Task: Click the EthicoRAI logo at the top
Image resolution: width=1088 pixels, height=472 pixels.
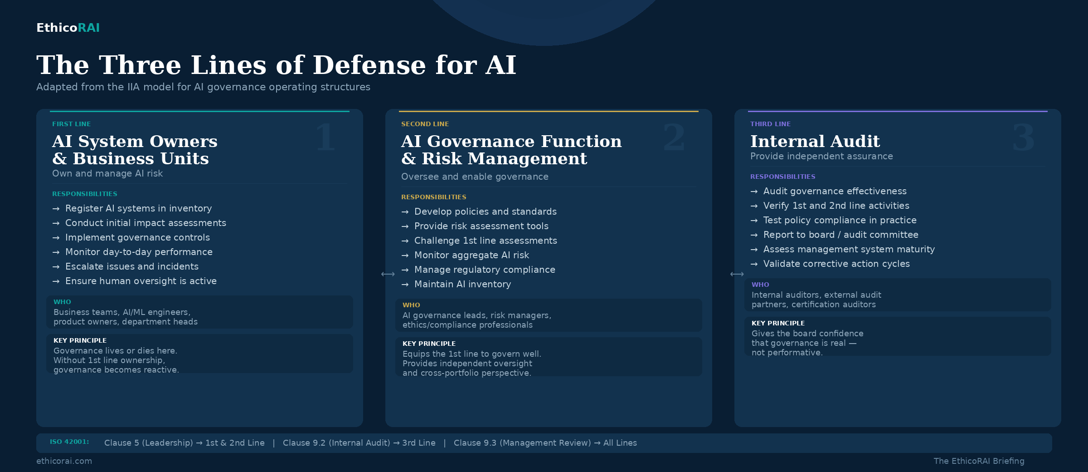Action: coord(68,28)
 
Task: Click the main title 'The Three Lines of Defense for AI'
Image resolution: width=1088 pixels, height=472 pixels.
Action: coord(276,65)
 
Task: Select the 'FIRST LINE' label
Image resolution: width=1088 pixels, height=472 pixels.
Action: coord(71,124)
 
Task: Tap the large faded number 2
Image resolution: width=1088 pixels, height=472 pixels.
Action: coord(674,138)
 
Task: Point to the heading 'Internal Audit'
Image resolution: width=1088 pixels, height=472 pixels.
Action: coord(815,141)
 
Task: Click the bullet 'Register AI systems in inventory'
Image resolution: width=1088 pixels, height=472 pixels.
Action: coord(138,208)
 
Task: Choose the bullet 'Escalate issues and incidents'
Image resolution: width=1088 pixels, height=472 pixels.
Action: coord(131,266)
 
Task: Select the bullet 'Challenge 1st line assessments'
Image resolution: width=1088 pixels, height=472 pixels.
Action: coord(485,241)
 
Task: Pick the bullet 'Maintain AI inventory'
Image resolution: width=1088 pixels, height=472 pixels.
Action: coord(462,284)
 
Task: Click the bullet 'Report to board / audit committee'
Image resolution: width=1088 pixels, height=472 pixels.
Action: coord(840,235)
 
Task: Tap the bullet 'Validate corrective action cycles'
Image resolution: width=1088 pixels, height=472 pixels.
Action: coord(836,264)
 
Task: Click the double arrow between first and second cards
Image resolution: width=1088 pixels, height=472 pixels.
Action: coord(388,274)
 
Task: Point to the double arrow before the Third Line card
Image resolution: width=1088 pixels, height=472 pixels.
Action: coord(737,274)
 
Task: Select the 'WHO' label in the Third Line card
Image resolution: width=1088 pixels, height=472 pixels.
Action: coord(760,285)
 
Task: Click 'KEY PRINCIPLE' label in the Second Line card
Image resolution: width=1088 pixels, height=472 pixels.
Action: coord(429,344)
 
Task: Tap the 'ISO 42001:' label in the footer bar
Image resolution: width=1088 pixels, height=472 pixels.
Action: coord(69,442)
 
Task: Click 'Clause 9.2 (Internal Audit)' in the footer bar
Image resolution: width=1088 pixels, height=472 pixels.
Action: coord(336,443)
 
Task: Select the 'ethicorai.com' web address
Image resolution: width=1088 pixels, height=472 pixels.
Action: coord(64,461)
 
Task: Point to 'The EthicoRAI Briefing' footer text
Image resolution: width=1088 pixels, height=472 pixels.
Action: coord(979,461)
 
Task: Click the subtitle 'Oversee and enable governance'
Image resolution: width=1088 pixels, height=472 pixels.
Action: coord(475,177)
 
